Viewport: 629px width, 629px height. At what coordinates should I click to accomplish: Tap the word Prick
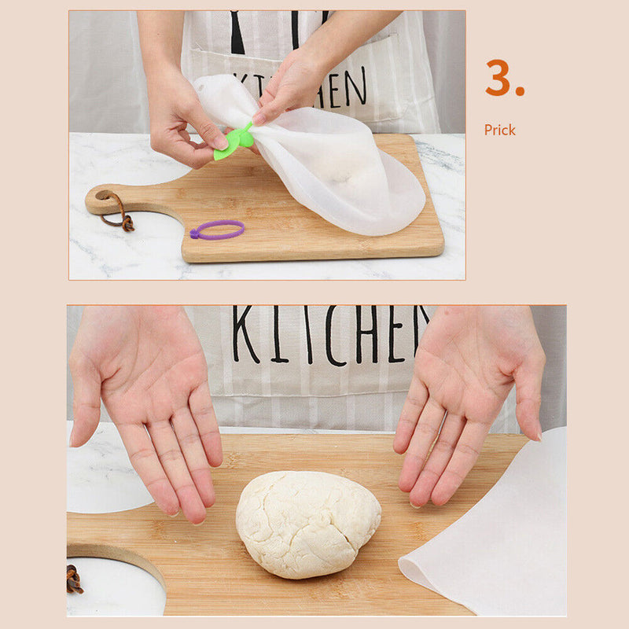[500, 130]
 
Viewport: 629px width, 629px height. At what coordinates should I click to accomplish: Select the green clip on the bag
[236, 142]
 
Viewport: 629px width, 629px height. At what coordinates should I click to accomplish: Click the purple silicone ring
[217, 230]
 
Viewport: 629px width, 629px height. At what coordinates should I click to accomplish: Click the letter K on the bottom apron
[245, 334]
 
